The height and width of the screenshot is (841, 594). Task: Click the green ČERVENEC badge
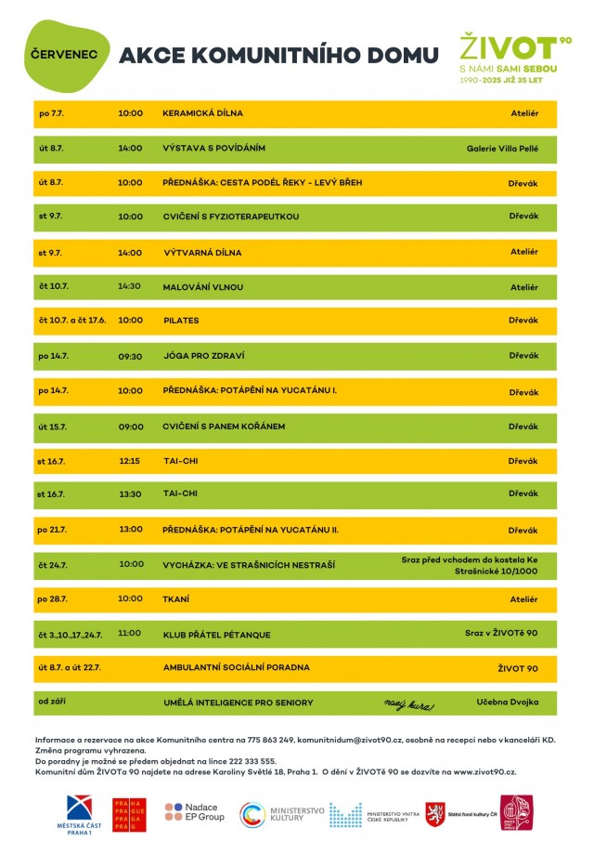63,55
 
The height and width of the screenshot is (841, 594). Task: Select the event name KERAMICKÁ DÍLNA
202,113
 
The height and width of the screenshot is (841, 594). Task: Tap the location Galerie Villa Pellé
501,148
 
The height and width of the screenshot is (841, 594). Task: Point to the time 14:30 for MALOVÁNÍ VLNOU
130,287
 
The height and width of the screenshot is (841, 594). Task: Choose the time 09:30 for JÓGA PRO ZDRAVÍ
130,356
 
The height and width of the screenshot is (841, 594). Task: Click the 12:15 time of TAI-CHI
130,461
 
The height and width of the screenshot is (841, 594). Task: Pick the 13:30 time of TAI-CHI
130,494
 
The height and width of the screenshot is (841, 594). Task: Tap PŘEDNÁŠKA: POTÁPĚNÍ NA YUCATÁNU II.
251,530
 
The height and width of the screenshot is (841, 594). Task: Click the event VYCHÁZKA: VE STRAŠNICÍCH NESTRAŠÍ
249,564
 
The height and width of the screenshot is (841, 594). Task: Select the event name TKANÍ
175,599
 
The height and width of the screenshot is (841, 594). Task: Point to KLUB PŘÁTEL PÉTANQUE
216,635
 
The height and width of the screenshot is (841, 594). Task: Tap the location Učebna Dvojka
507,702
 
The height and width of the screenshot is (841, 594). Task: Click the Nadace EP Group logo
195,812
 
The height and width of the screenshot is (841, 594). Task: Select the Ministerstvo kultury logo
283,814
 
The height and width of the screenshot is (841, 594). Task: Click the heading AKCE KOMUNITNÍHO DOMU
278,56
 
